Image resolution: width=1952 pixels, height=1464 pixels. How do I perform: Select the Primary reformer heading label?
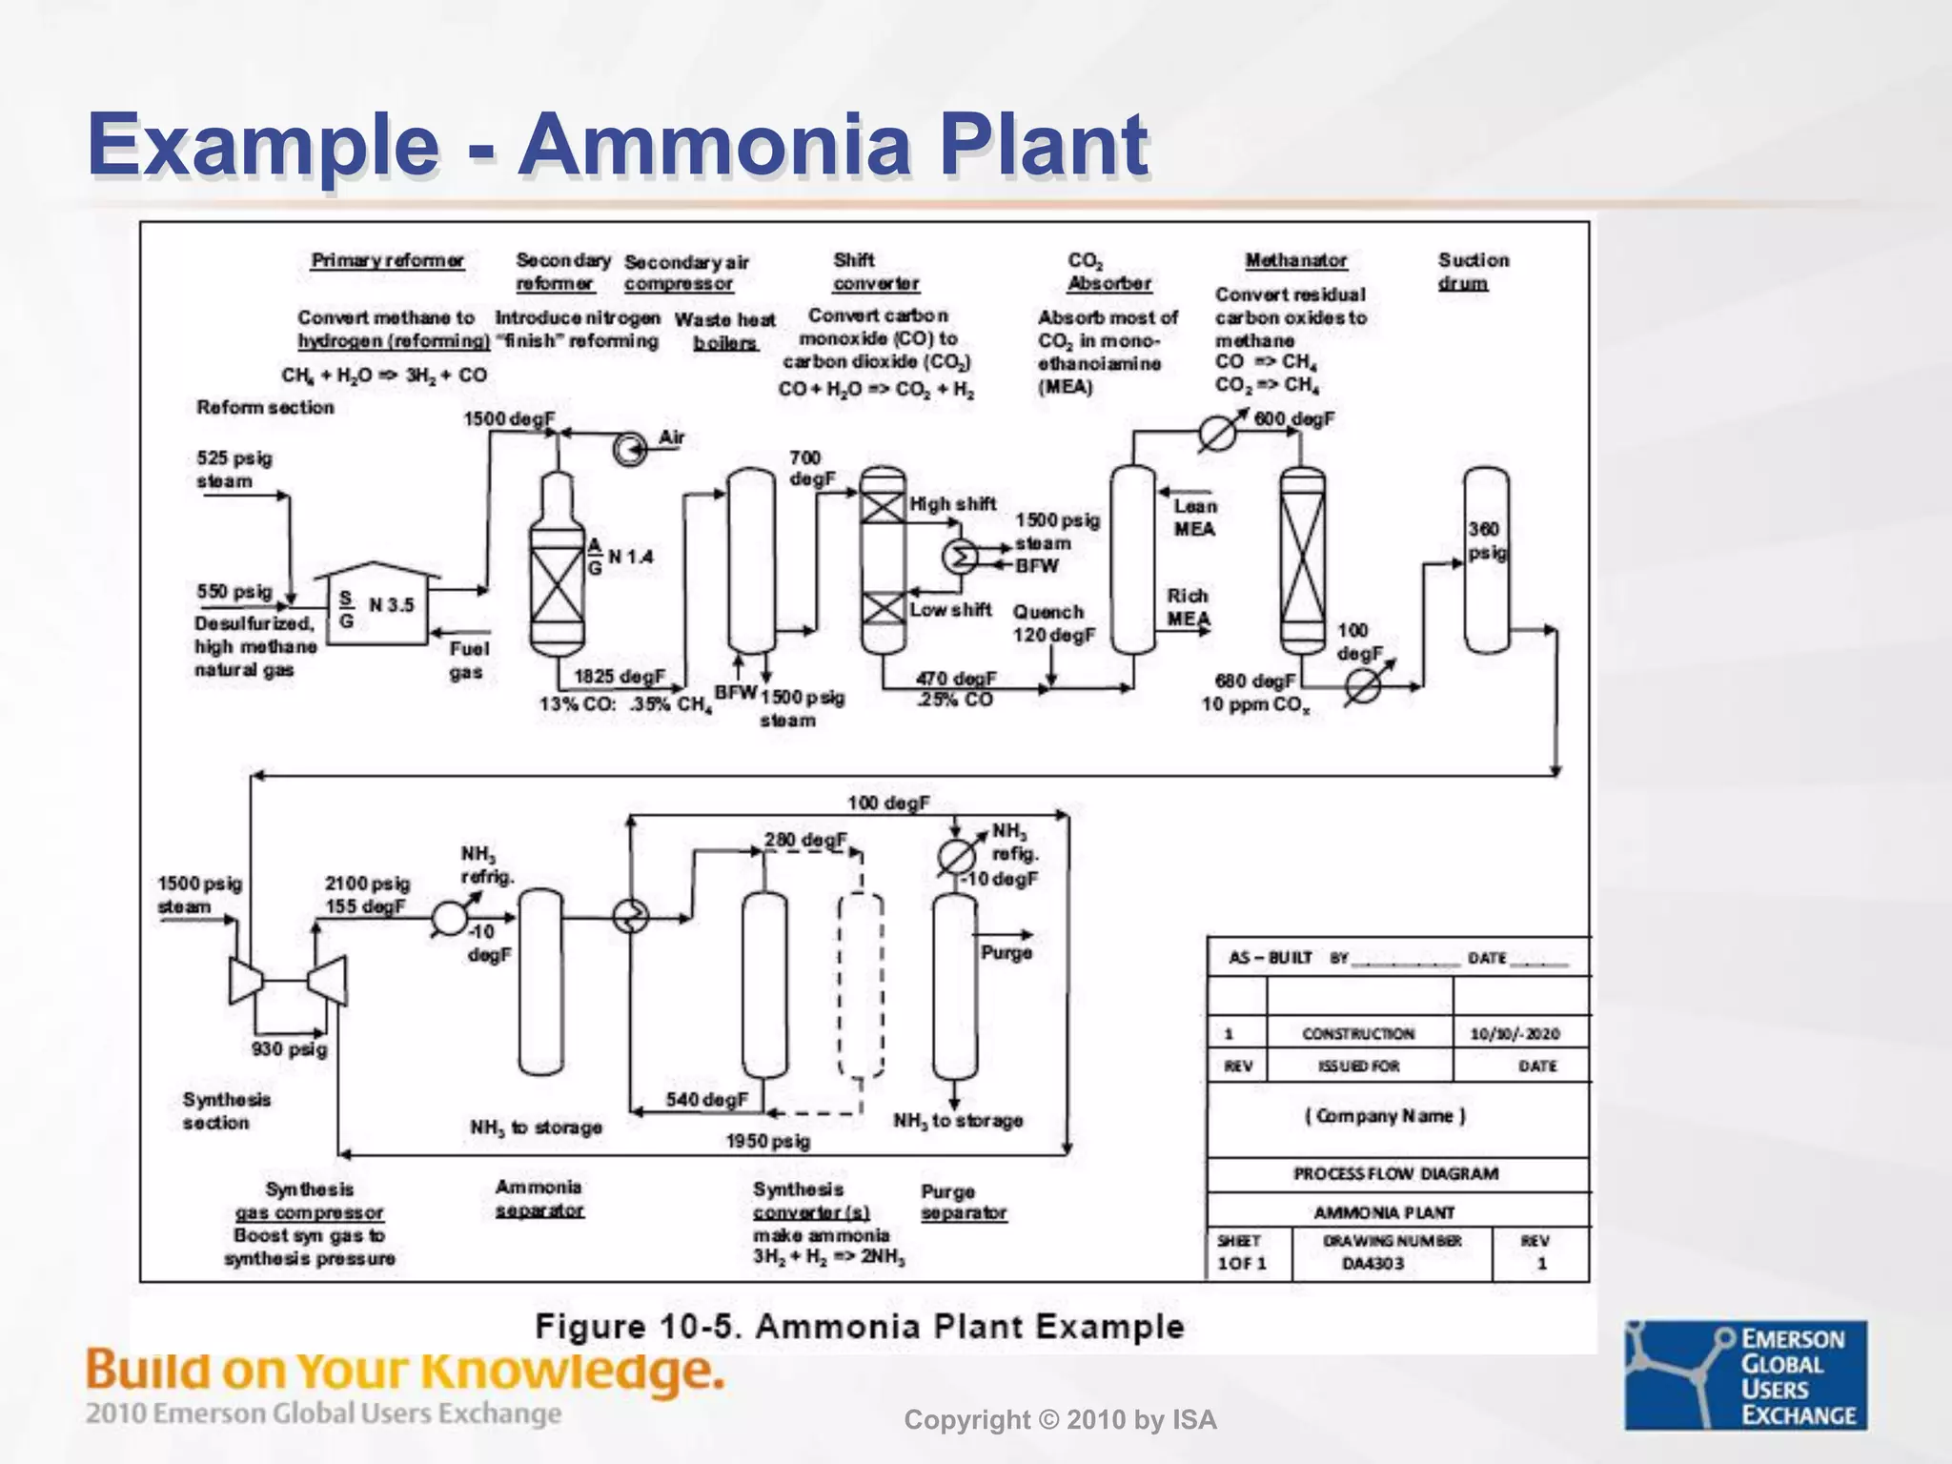coord(387,260)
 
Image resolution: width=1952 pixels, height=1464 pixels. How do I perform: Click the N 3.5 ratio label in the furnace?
coord(391,605)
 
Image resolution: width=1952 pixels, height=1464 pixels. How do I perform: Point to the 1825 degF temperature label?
coord(619,677)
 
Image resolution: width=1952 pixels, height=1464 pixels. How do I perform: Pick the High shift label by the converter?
coord(952,504)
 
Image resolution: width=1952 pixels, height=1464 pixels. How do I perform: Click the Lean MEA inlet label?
coord(1194,518)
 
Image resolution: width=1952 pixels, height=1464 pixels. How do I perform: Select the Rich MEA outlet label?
coord(1189,607)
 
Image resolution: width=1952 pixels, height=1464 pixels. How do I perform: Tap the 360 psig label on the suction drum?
coord(1487,540)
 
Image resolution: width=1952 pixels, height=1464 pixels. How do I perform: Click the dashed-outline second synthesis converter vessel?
coord(860,986)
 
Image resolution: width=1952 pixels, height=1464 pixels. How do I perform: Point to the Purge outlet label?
coord(1006,952)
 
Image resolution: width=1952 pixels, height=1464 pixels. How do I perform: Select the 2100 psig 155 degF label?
coord(367,895)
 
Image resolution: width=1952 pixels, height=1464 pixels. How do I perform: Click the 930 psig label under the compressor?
coord(289,1049)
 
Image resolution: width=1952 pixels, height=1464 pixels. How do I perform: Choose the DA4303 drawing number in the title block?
coord(1372,1264)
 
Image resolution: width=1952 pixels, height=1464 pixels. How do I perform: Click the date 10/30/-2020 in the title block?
coord(1515,1034)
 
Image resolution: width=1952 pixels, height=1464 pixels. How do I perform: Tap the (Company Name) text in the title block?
coord(1385,1116)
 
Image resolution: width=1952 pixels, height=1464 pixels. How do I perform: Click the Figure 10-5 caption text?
coord(859,1327)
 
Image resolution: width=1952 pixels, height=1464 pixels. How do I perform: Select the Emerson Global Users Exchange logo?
coord(1745,1374)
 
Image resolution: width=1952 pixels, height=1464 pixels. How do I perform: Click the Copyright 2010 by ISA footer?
coord(1060,1420)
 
